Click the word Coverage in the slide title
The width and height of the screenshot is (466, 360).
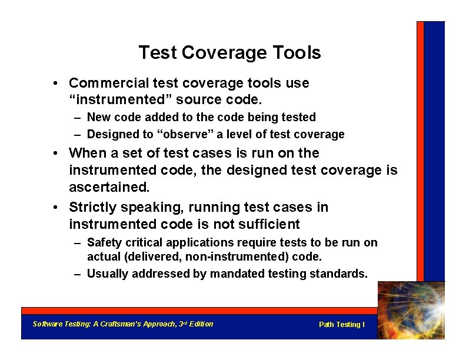[217, 53]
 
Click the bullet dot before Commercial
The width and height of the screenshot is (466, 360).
[54, 84]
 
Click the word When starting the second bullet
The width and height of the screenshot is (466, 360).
[86, 154]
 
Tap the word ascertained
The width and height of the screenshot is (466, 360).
[108, 188]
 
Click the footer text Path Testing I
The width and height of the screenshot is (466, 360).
[341, 325]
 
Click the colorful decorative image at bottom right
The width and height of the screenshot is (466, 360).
[411, 311]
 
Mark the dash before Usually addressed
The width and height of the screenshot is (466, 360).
[78, 274]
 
